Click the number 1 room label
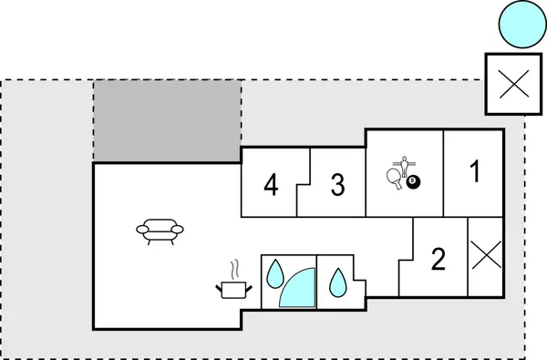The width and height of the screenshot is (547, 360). [473, 171]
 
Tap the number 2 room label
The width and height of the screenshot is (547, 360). [439, 261]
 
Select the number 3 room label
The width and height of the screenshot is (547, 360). [337, 186]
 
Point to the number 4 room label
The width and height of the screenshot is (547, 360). [270, 186]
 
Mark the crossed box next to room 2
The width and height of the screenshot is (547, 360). [484, 257]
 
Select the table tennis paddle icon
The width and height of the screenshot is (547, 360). [395, 178]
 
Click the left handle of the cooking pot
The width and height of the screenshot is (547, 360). [220, 287]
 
